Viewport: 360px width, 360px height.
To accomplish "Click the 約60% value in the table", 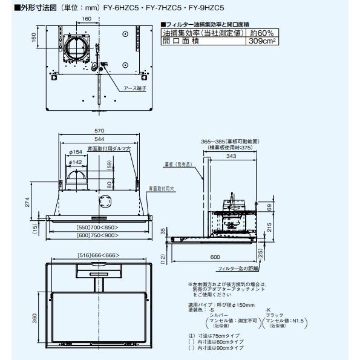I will coord(263,33).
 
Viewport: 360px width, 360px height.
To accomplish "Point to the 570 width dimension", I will coord(99,131).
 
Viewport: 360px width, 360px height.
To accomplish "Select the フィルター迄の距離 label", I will coord(237,267).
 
